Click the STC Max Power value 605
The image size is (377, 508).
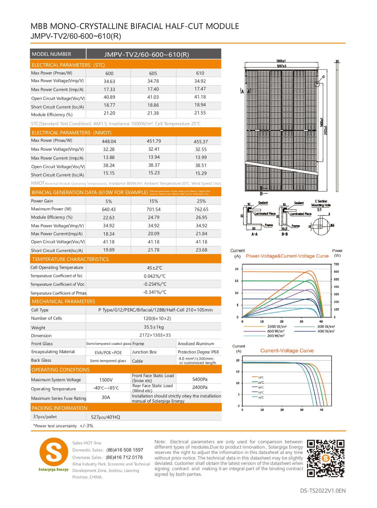153,73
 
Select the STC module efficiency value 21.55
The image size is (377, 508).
200,113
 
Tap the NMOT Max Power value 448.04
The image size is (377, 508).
109,142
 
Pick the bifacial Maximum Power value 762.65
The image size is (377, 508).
201,209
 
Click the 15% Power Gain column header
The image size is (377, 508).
153,201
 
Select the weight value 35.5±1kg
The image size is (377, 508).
154,327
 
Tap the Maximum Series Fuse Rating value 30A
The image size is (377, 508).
106,397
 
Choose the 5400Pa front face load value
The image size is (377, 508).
200,379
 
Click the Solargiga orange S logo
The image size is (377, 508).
54,452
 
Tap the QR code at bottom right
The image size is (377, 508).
326,458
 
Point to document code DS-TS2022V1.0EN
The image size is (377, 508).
323,491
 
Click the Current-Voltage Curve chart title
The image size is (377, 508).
287,351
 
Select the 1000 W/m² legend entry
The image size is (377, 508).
277,327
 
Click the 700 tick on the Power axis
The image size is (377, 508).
336,264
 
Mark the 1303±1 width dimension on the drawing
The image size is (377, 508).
281,61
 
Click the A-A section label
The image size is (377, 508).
254,234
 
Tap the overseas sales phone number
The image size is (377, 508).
124,457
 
